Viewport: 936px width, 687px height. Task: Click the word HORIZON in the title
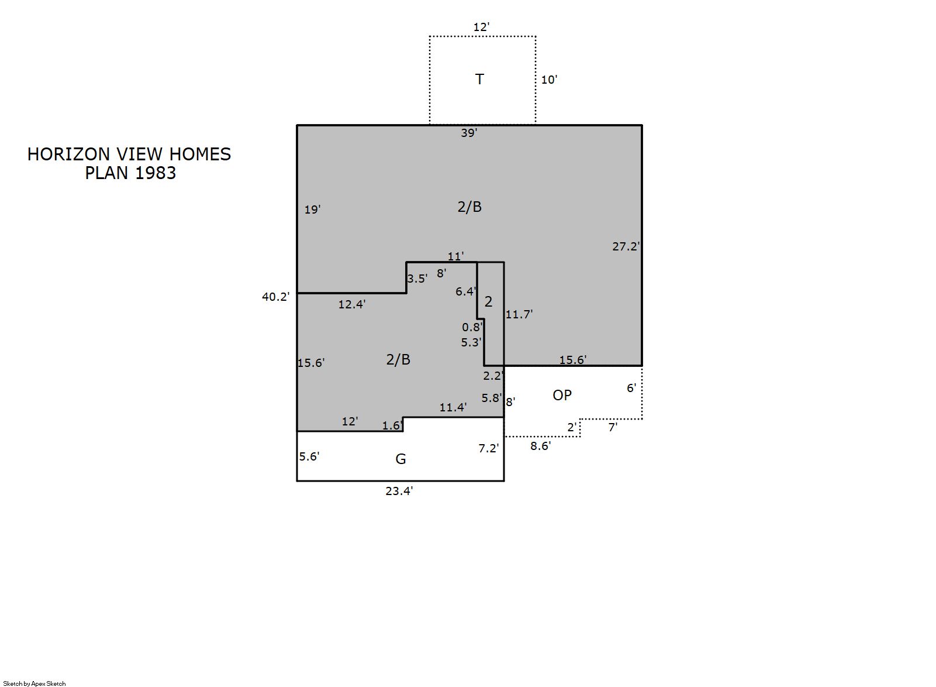coord(68,154)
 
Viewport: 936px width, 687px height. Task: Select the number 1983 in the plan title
coord(155,173)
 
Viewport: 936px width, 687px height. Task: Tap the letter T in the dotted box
coord(480,79)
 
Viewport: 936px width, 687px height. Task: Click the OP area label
coord(562,395)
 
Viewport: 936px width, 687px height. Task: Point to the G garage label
coord(400,459)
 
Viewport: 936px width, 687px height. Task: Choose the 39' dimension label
coord(469,133)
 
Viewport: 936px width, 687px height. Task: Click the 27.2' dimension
coord(626,247)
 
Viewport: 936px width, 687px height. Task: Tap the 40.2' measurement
coord(275,297)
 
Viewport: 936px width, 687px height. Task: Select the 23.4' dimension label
coord(399,491)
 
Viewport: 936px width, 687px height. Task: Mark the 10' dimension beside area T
coord(549,80)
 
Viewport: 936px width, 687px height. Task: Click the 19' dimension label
coord(313,209)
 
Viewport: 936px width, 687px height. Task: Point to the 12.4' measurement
coord(352,304)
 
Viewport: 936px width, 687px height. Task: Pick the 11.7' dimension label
coord(519,314)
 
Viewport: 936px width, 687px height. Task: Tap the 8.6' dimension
coord(541,446)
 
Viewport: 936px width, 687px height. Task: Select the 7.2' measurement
coord(489,449)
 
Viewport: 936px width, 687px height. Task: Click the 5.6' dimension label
coord(309,456)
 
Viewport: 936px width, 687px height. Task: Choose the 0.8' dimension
coord(472,327)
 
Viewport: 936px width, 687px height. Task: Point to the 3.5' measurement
coord(417,279)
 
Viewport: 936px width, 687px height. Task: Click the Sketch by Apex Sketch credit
coord(34,683)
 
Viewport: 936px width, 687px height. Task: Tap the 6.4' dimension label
coord(465,291)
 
